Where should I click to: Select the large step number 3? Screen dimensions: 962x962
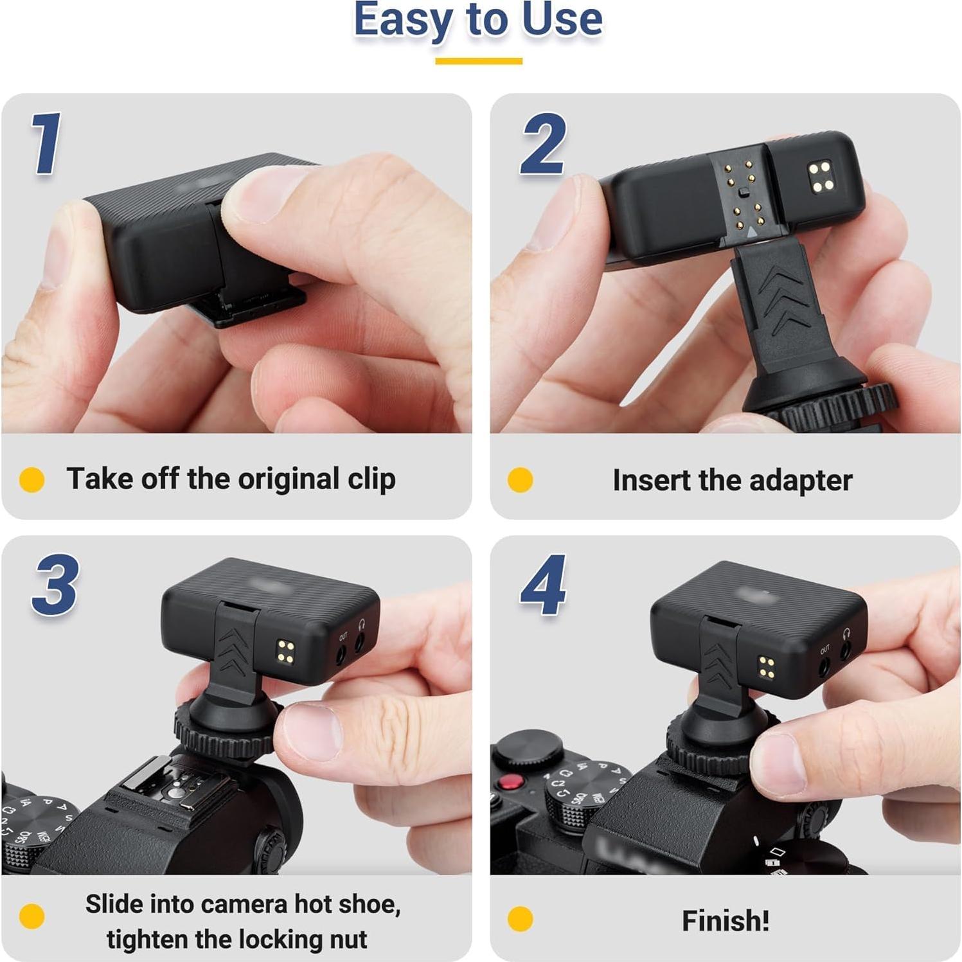tap(55, 585)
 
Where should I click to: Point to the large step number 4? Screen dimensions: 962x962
tap(544, 585)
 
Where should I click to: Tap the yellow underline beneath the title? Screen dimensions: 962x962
tap(478, 61)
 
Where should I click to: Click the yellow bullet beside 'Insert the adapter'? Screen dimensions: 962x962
tap(520, 479)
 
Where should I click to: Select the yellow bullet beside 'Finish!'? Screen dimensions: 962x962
tap(520, 919)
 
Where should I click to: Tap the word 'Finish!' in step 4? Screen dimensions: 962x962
tap(725, 920)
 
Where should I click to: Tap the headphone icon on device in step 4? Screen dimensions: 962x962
tap(846, 633)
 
